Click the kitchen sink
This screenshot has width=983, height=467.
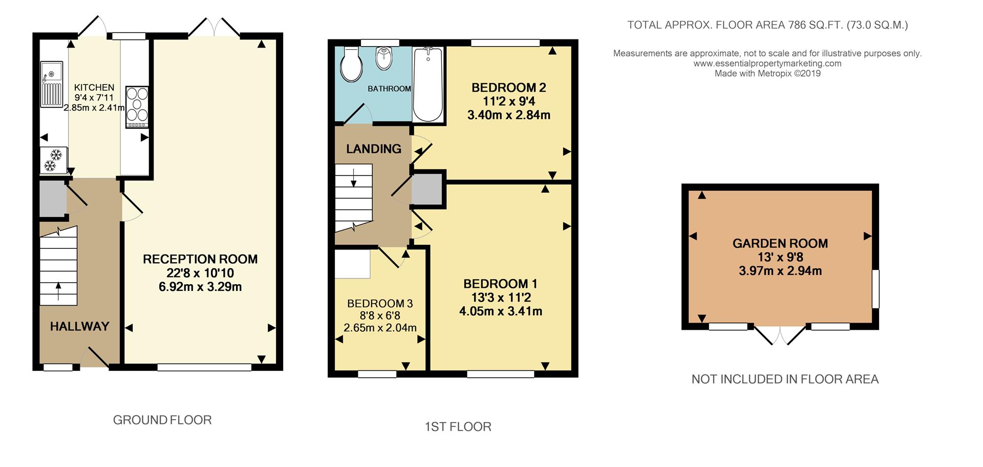pos(51,84)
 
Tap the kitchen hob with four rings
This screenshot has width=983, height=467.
pos(137,107)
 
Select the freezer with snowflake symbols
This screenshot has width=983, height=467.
pos(53,160)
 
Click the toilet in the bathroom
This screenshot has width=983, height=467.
pos(351,65)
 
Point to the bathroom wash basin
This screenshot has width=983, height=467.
pos(383,58)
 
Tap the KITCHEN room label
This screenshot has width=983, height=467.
pos(94,88)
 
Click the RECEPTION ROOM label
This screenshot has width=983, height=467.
pos(200,259)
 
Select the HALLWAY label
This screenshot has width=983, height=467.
pos(80,326)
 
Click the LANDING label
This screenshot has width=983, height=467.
pos(374,149)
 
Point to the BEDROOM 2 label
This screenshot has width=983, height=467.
pos(509,88)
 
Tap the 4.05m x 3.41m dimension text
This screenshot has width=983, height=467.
pos(501,311)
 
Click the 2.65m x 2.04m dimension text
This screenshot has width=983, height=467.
pos(380,328)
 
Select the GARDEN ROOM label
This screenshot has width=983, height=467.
pos(780,244)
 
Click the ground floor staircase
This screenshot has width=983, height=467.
pos(58,266)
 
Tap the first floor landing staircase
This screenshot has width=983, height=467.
pos(354,198)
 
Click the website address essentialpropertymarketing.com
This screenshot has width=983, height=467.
pos(767,63)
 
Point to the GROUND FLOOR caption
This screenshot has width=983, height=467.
pos(162,420)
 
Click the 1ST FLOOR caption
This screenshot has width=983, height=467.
pos(458,427)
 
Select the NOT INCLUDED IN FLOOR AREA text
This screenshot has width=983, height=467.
pos(785,379)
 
